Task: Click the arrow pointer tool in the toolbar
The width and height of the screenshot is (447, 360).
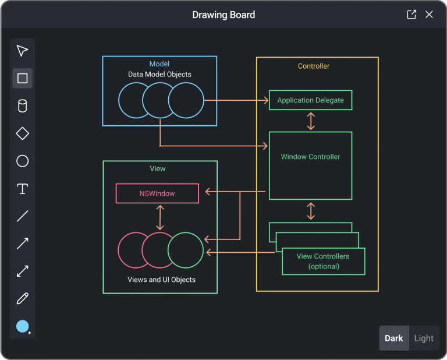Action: click(x=22, y=51)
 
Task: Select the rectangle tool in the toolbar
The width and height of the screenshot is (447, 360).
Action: click(x=22, y=78)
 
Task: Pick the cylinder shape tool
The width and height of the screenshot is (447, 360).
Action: click(x=22, y=106)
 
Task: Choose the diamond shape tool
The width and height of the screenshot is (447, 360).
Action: click(x=22, y=133)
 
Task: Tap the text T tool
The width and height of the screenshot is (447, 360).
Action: click(x=22, y=189)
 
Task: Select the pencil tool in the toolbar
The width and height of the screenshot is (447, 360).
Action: click(x=22, y=299)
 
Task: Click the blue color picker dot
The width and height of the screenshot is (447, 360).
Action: click(x=22, y=326)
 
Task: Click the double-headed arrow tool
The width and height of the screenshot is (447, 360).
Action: click(x=22, y=271)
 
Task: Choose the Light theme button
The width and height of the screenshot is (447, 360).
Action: click(x=424, y=338)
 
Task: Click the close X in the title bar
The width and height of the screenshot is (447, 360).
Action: click(x=429, y=15)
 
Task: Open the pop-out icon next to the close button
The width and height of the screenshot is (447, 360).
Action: click(x=411, y=15)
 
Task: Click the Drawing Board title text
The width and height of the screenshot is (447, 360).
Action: click(x=223, y=15)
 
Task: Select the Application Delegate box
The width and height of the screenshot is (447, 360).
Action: click(x=310, y=100)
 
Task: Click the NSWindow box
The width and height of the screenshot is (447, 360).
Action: click(x=157, y=193)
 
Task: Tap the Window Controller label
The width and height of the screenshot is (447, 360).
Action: click(x=310, y=157)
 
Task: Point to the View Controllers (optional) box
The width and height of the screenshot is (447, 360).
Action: click(x=323, y=261)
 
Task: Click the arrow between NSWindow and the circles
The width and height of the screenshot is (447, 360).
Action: click(x=159, y=218)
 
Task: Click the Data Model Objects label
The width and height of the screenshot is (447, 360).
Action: click(x=159, y=75)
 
